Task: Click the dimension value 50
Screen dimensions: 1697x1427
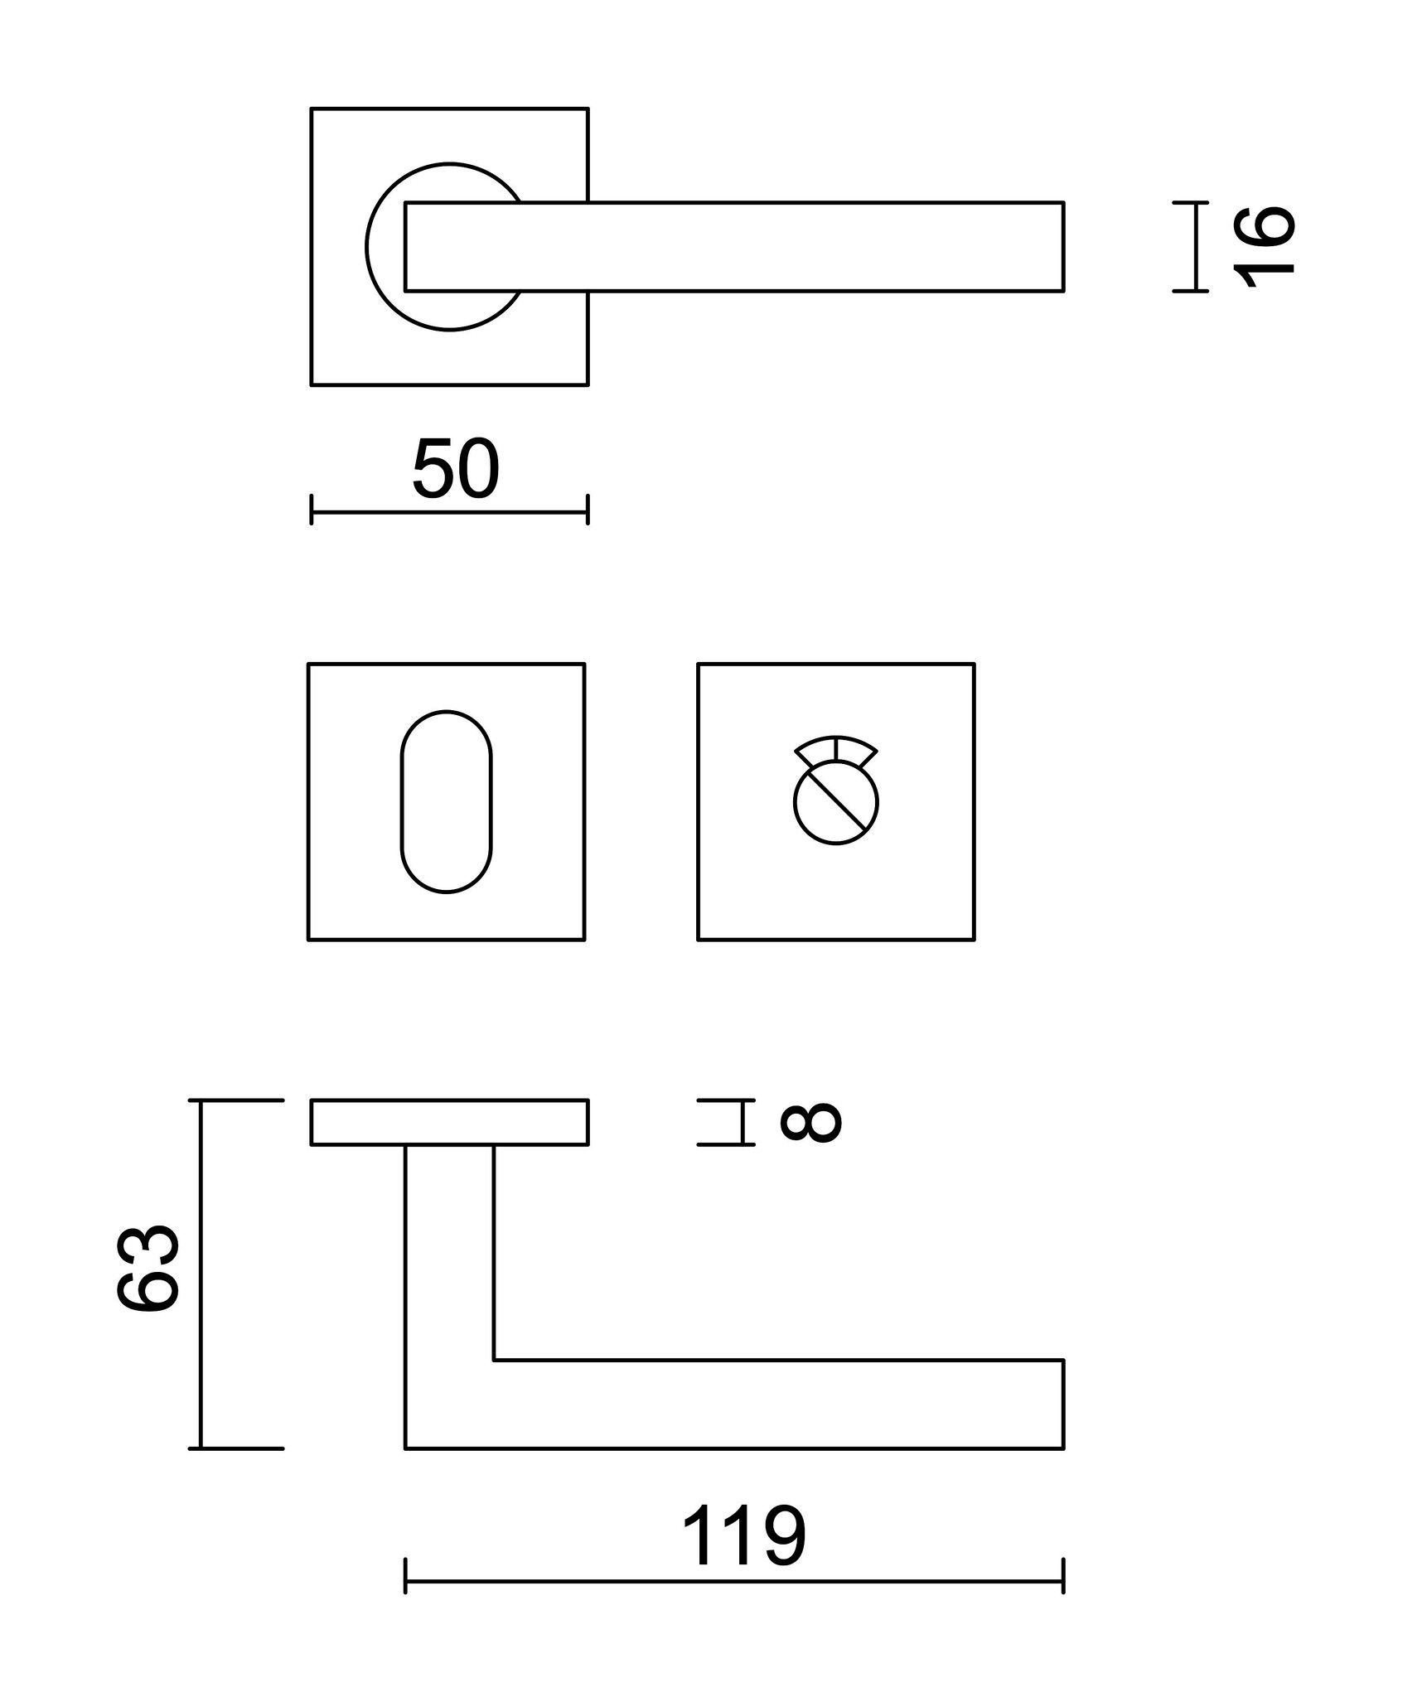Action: [x=456, y=470]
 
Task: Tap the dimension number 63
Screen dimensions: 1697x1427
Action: [x=148, y=1268]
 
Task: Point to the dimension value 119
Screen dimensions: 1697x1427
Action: [x=743, y=1537]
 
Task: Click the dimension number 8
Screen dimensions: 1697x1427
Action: [x=811, y=1123]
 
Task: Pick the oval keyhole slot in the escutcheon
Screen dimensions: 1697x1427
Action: [x=447, y=801]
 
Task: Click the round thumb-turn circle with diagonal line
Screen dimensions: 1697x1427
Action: [x=836, y=803]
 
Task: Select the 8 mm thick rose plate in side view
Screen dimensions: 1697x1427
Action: [x=449, y=1122]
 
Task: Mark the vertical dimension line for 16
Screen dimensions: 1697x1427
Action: [x=1196, y=246]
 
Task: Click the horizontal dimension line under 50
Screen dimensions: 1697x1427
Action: [x=449, y=512]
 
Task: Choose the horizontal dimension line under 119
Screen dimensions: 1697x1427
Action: [x=734, y=1581]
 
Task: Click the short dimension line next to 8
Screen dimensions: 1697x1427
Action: [x=743, y=1122]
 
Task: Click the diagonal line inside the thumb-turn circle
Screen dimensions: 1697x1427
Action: [x=836, y=800]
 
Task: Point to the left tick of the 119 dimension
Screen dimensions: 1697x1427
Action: [x=405, y=1581]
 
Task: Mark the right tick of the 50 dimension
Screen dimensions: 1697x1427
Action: [x=588, y=510]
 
